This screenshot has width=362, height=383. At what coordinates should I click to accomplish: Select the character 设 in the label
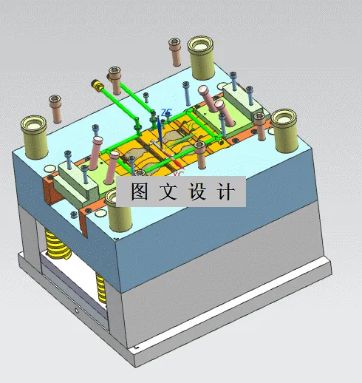[199, 192]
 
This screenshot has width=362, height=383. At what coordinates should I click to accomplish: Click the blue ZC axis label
[165, 112]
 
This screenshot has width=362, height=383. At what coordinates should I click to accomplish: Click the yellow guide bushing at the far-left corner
[34, 134]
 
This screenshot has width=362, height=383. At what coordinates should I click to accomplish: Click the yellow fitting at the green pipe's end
[97, 85]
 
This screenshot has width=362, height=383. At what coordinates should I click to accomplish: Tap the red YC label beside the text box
[180, 173]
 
